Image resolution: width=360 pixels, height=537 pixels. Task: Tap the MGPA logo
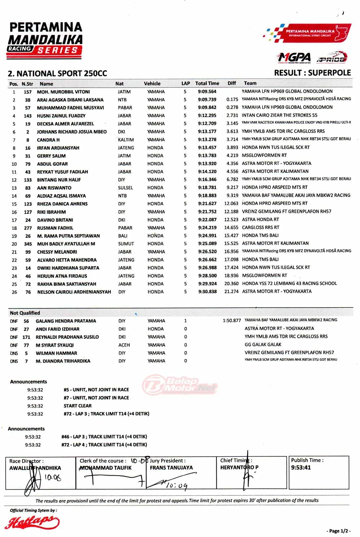[294, 58]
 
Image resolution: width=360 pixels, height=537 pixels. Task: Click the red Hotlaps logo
[32, 522]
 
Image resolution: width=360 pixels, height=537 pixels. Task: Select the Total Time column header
[207, 83]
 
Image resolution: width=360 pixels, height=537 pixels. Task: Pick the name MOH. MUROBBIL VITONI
[63, 92]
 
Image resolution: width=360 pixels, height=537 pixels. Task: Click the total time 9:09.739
[207, 100]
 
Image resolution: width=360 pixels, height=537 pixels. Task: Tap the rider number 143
[28, 116]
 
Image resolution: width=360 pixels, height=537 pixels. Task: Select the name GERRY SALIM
[51, 156]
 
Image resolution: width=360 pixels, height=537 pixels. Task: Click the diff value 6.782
[232, 179]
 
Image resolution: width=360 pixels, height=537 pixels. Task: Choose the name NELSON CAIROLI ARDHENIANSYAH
[74, 292]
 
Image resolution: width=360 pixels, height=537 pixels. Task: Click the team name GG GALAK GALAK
[263, 344]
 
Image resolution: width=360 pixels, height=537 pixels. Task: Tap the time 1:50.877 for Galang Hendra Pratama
[232, 321]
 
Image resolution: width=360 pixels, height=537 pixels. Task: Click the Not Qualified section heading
[25, 313]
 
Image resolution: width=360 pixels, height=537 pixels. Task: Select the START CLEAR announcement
[78, 406]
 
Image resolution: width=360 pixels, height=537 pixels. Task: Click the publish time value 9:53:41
[301, 468]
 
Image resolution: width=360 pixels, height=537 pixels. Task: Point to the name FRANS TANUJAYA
[171, 468]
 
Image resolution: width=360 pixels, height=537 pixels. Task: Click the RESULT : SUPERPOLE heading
[312, 73]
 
